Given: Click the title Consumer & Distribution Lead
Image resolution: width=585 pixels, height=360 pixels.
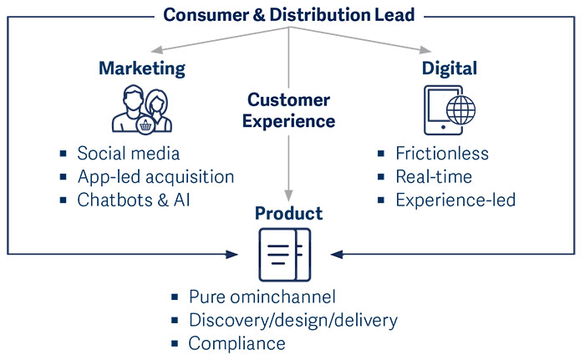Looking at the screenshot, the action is click(x=289, y=15).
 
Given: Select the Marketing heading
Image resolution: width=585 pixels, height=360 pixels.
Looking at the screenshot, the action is click(x=142, y=68).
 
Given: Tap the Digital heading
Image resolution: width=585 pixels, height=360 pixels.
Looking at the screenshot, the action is click(x=450, y=68).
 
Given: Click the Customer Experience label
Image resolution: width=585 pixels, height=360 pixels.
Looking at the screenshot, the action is click(x=289, y=110).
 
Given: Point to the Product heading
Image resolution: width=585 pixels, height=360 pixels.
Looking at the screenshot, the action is click(x=289, y=213).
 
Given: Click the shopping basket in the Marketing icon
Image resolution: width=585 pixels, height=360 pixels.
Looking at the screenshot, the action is click(x=145, y=125).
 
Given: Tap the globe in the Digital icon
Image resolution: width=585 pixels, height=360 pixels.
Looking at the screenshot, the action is click(x=461, y=110).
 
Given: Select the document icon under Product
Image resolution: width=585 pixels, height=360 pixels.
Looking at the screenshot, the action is click(x=285, y=255).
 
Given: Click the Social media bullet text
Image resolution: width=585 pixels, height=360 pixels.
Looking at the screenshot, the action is click(x=129, y=154).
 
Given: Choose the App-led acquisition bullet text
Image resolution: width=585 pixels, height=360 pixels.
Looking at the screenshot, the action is click(x=156, y=177).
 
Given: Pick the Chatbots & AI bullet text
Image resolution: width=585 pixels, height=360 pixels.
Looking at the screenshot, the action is click(x=134, y=200).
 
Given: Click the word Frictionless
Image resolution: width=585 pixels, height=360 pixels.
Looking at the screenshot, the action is click(x=442, y=154).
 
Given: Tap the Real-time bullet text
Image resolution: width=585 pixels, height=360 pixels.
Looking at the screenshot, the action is click(x=434, y=177).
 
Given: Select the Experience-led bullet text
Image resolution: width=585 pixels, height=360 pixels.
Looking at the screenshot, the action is click(x=455, y=200).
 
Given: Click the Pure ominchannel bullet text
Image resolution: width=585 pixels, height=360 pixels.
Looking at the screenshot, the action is click(x=262, y=297).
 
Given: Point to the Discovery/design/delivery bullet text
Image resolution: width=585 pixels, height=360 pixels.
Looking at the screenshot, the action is click(x=293, y=321).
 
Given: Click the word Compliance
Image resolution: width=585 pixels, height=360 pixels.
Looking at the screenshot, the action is click(x=237, y=343).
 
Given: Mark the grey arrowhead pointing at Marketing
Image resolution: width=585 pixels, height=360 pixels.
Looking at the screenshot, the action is click(x=156, y=51).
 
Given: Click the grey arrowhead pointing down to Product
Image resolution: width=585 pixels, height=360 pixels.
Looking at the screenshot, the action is click(x=288, y=195).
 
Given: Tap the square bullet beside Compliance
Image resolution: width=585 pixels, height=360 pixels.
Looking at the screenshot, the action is click(x=175, y=343).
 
